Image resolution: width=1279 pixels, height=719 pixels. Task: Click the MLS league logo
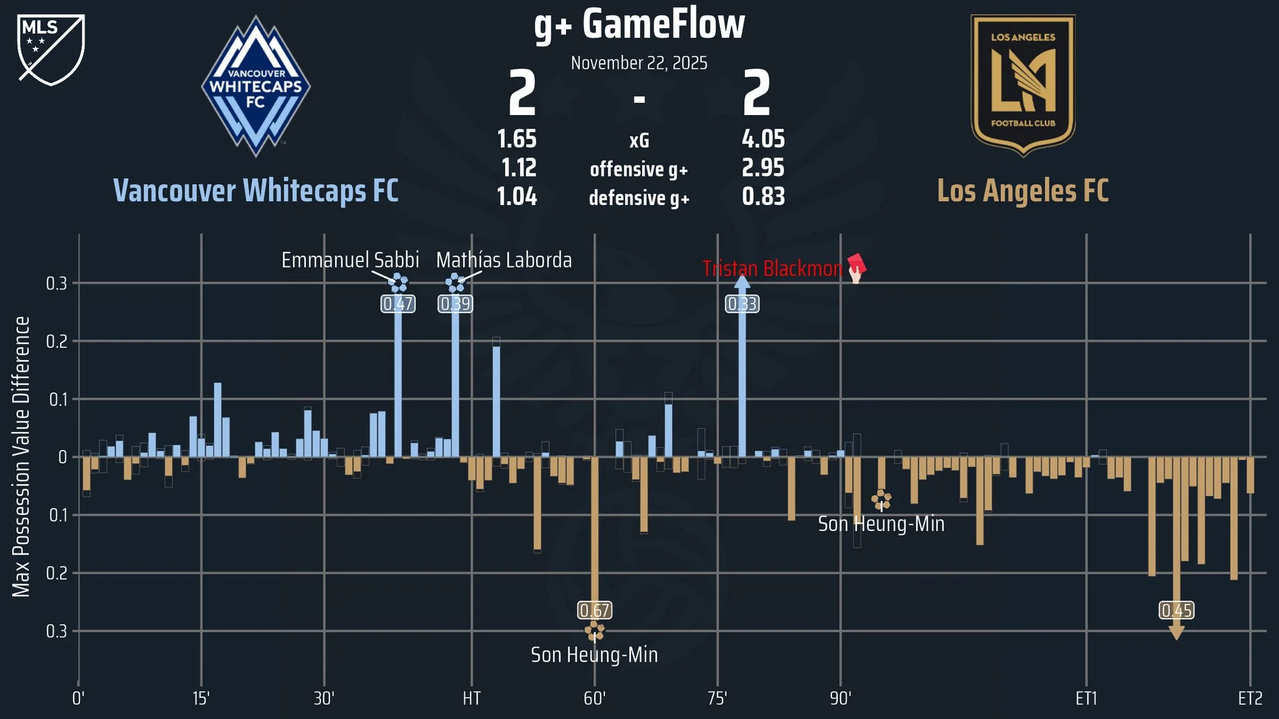click(51, 50)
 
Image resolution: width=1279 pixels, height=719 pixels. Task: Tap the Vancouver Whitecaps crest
click(256, 87)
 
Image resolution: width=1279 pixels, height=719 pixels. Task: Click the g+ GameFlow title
click(639, 26)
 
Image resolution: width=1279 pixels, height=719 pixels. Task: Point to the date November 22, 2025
click(639, 63)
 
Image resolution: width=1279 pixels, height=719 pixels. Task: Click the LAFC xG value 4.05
click(763, 139)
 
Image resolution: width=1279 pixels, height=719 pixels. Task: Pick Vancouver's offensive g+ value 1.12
click(519, 168)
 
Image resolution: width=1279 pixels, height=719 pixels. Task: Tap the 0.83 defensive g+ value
click(763, 197)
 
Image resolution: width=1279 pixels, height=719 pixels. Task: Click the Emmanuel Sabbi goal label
click(350, 260)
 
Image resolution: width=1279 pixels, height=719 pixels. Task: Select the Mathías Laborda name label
click(504, 260)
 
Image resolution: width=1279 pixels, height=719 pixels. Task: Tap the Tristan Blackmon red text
click(772, 268)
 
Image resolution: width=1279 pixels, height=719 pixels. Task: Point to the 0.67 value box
click(594, 610)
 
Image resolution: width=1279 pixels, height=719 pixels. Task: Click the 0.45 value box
click(1176, 610)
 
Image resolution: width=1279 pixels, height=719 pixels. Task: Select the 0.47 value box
click(398, 304)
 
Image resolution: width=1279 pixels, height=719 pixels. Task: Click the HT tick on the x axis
click(471, 699)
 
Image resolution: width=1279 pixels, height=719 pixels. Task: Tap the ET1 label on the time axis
click(1086, 699)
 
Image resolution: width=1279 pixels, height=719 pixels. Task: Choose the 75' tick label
click(717, 699)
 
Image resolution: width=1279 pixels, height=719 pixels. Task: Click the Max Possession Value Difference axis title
click(21, 456)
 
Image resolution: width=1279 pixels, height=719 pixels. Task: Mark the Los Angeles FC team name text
click(1023, 190)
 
